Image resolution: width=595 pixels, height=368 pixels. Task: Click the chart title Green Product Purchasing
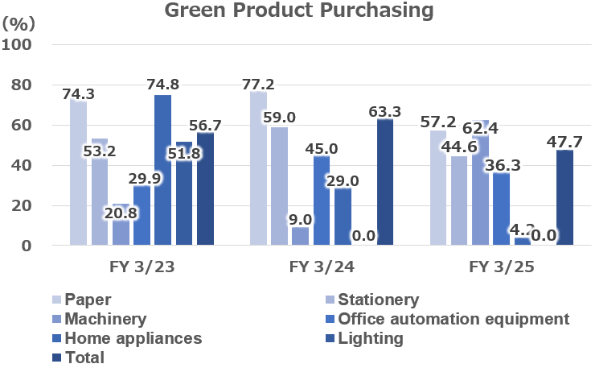pos(299,11)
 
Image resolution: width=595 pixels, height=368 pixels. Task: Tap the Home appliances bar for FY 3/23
pos(162,169)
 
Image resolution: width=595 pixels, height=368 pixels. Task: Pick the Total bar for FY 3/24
pos(385,182)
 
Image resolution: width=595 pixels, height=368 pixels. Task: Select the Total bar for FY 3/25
pos(564,197)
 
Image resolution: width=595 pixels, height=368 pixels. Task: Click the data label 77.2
pos(259,84)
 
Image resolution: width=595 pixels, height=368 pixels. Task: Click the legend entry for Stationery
pos(378,300)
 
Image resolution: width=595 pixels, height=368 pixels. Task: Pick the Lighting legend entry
pos(371,338)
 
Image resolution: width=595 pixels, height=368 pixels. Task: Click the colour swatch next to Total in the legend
pos(55,358)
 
